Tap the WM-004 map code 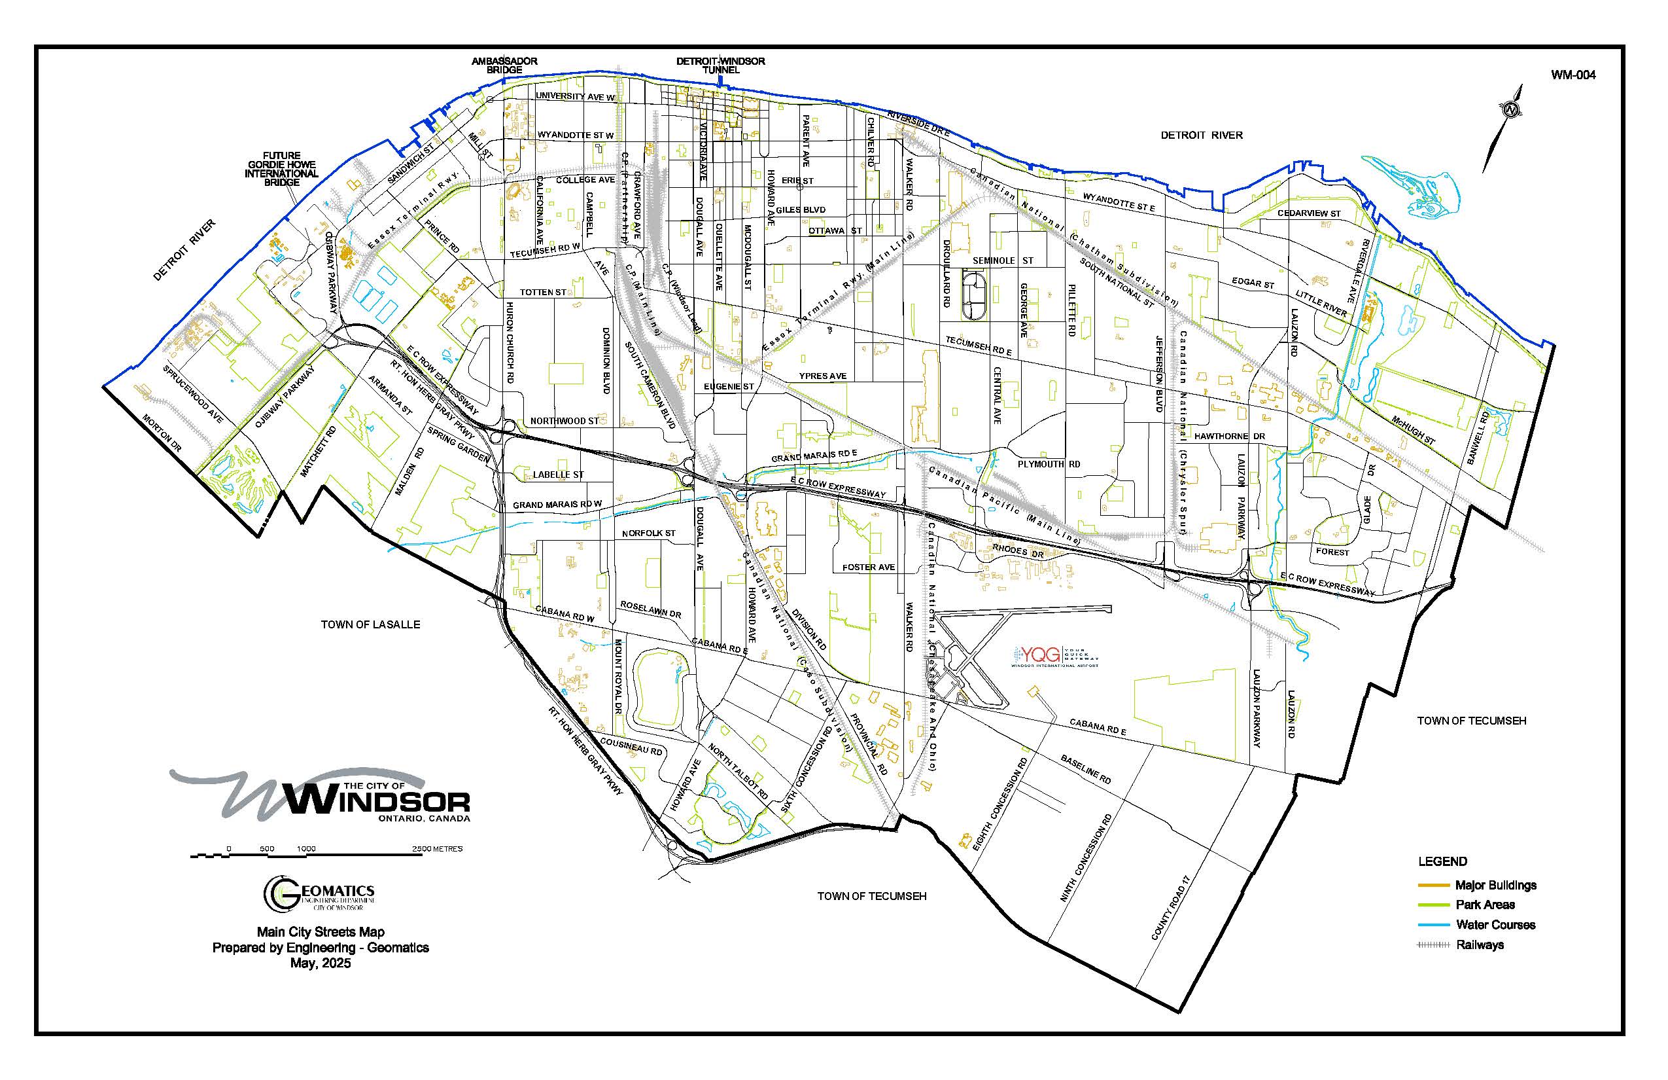[1573, 75]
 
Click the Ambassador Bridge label [504, 65]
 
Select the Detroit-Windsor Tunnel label [720, 65]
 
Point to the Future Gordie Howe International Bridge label [282, 169]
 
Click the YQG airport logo [1054, 656]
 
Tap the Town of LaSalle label [370, 624]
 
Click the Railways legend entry [1480, 945]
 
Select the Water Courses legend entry [1495, 924]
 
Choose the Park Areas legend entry [1485, 905]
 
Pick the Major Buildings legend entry [1495, 885]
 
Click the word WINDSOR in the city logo [379, 801]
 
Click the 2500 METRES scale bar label [437, 848]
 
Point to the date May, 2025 [321, 963]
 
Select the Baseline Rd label [1086, 769]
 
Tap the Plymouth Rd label [1049, 464]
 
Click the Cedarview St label [1308, 213]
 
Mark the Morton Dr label [162, 433]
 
